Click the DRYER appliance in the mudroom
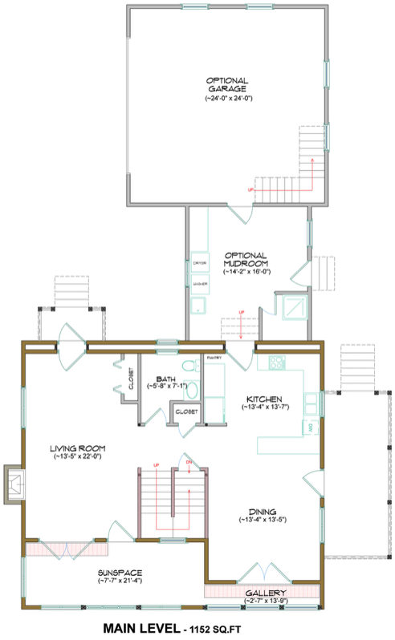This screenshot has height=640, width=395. [x=200, y=262]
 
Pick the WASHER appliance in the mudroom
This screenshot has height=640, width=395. [x=200, y=284]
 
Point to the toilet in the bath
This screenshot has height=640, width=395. [x=189, y=367]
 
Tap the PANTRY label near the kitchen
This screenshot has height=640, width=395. [x=214, y=357]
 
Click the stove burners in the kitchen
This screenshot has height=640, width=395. [x=276, y=363]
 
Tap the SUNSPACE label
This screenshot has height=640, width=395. [x=120, y=572]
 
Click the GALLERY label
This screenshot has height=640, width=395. [x=265, y=592]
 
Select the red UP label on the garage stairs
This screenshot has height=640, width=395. [x=252, y=189]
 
